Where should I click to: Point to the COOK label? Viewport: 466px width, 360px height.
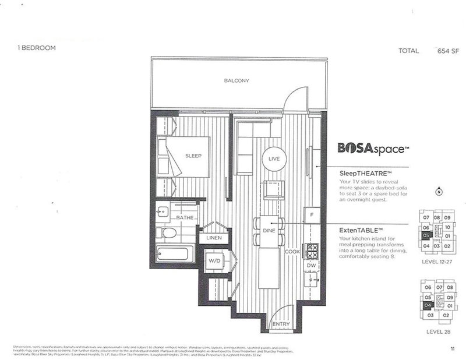click(292, 251)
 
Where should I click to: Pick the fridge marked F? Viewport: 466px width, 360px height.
click(312, 214)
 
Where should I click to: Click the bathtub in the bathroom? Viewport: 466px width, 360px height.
click(175, 255)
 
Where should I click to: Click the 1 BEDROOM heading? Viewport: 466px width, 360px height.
click(37, 48)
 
